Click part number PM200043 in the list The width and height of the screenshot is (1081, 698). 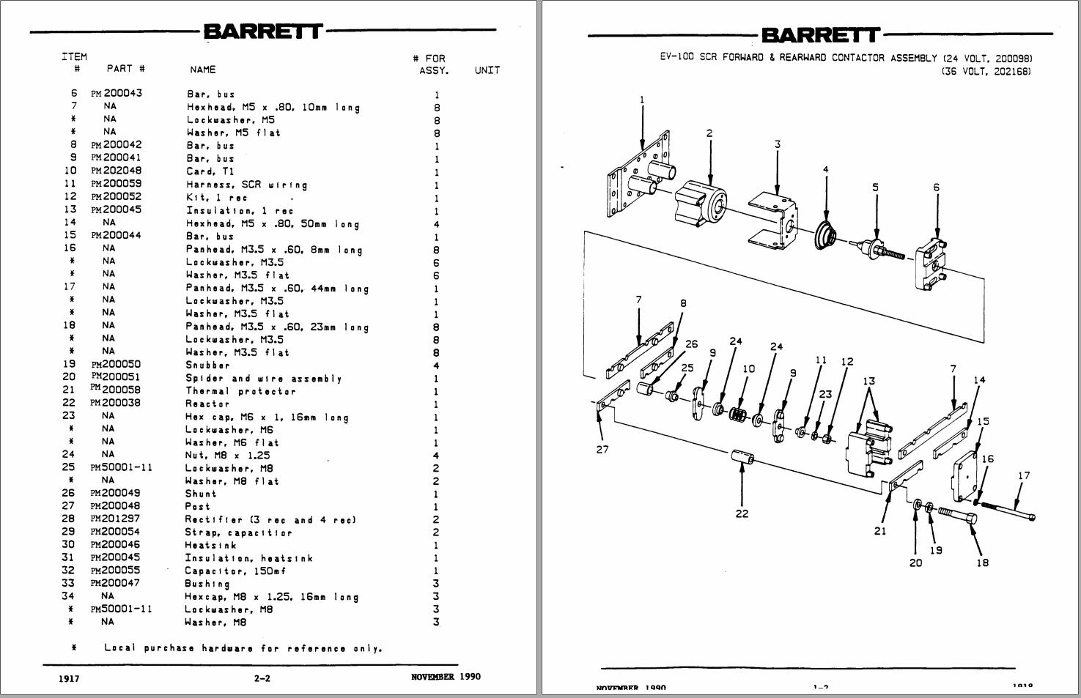click(117, 93)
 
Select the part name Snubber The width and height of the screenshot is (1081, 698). click(207, 365)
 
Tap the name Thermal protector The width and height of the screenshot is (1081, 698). click(240, 391)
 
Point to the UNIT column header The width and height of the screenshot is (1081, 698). click(487, 70)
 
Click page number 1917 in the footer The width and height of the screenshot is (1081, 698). click(69, 678)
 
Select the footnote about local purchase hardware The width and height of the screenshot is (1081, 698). click(243, 648)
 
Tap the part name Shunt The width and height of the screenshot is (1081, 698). click(199, 494)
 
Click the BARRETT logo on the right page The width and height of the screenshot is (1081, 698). click(820, 34)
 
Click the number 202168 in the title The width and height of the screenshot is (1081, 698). click(1012, 72)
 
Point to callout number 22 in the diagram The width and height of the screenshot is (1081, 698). click(742, 513)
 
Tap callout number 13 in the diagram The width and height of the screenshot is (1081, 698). click(869, 381)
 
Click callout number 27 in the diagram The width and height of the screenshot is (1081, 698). click(602, 449)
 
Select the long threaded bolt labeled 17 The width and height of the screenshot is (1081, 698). click(1008, 510)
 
